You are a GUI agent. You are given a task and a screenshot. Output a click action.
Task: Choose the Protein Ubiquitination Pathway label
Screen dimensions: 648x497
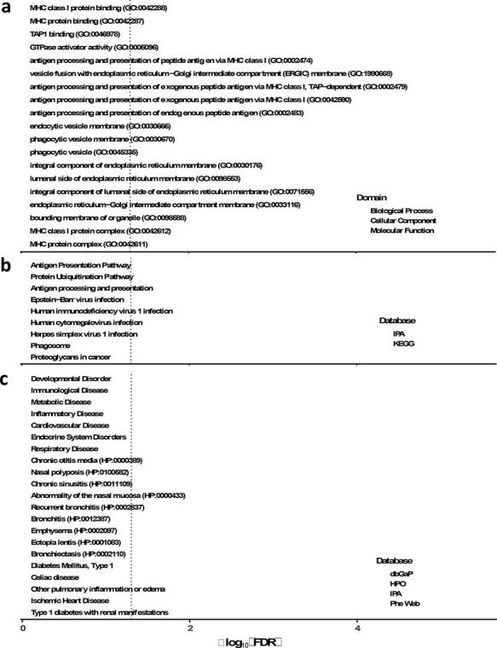(x=82, y=276)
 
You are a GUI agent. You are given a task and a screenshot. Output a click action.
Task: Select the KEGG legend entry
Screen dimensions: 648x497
(x=404, y=344)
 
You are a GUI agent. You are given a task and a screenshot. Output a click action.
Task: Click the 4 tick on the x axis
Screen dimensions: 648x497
(x=357, y=628)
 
